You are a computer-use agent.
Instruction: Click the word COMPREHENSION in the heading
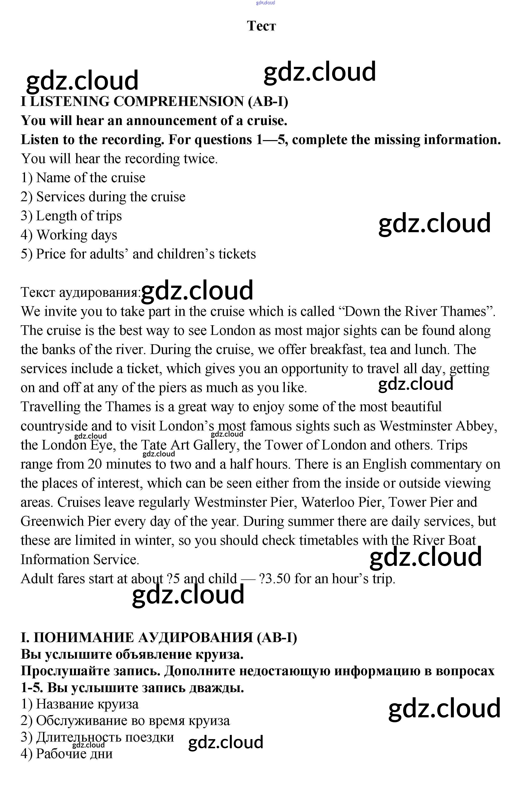[x=178, y=101]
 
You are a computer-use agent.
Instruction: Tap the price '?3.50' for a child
[x=274, y=578]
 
